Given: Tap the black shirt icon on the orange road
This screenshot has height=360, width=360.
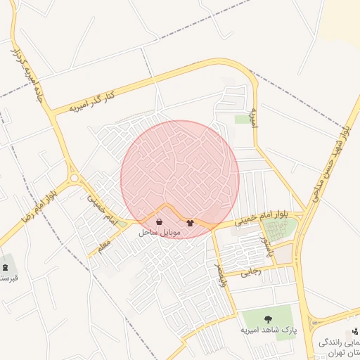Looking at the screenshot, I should point(191,222).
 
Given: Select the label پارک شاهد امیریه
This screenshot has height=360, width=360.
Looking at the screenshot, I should point(266,329).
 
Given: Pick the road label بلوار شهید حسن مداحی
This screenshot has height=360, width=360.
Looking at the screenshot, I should point(331,161).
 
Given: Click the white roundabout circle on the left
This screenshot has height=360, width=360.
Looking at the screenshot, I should point(74,179).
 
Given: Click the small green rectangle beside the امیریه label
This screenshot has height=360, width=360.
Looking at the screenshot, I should point(243,120).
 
